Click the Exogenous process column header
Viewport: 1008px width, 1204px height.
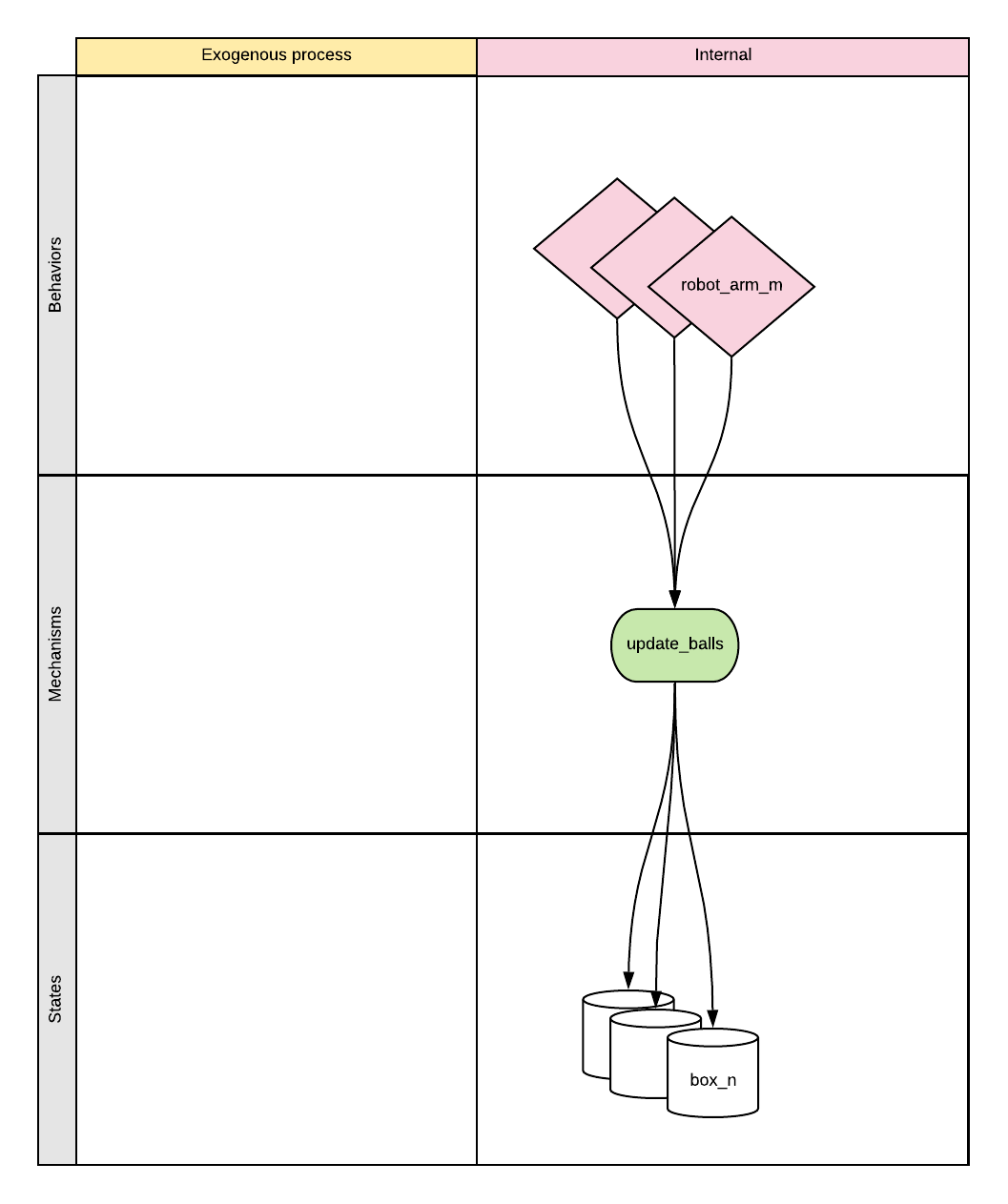tap(277, 56)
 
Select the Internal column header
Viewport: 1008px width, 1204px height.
tap(722, 56)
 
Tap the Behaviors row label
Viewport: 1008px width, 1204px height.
tap(56, 275)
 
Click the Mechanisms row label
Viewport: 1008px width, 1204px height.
tap(56, 654)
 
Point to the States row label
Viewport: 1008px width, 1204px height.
tap(56, 999)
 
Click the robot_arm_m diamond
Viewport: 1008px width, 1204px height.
tap(731, 286)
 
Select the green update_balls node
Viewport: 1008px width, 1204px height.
tap(674, 645)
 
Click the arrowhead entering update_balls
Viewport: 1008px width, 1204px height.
tap(674, 599)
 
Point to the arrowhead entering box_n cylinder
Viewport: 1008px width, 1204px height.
tap(712, 1019)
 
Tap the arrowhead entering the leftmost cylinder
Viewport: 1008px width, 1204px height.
tap(628, 981)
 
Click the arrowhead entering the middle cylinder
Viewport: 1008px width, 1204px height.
tap(656, 998)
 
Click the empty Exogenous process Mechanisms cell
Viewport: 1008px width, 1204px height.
tap(277, 654)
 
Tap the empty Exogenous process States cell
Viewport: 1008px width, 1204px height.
tap(277, 999)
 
